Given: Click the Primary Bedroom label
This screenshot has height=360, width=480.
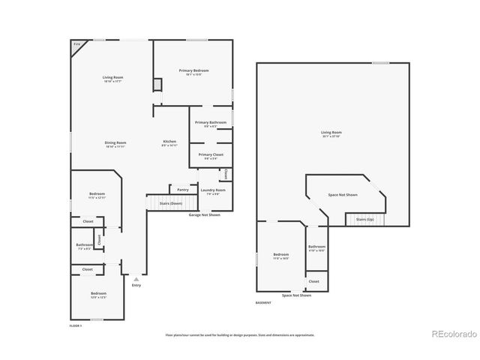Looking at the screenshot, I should coord(193,70).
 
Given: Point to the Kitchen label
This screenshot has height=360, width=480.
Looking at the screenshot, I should coord(170,142).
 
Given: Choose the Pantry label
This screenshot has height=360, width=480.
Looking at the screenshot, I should coord(182,190).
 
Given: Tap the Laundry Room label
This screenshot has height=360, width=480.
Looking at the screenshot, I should coord(213,190).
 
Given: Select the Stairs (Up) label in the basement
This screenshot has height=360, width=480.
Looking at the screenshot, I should coord(365,219).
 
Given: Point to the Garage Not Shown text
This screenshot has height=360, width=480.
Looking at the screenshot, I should coord(204,214).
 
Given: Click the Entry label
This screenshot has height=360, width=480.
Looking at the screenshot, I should coord(136,285).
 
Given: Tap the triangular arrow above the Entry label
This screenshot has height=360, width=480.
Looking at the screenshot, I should coord(136,278).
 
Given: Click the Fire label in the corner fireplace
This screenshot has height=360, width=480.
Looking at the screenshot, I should coord(76,45).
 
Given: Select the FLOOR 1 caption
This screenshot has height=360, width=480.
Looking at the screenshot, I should coord(75,325).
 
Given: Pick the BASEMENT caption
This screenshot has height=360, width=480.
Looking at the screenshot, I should coord(263,302).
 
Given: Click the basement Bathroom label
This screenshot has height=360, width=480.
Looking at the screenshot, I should coord(316,247).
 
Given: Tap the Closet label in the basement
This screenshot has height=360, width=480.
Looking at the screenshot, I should coord(313,281).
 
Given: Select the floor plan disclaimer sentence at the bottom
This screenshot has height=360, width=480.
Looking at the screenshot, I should coord(240,335).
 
